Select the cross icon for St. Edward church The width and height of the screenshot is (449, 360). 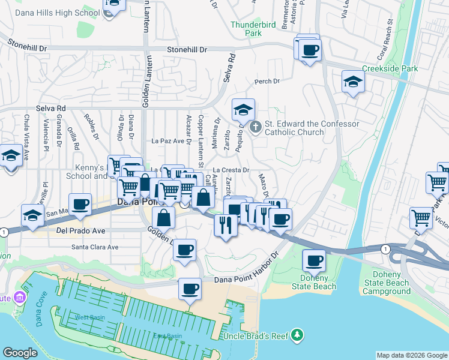click(x=256, y=127)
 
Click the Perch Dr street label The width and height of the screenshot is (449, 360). click(x=267, y=81)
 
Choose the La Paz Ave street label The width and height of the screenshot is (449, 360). click(x=167, y=141)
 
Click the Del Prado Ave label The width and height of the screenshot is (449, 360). click(x=80, y=230)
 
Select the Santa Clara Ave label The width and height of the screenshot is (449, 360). click(x=95, y=247)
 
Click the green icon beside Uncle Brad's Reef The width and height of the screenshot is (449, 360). click(x=297, y=335)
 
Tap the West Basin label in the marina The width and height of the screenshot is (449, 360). click(x=88, y=317)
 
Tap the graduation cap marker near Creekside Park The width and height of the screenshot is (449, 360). click(x=353, y=82)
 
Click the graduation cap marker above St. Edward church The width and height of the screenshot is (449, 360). click(x=243, y=110)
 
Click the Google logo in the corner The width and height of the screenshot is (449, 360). click(x=20, y=353)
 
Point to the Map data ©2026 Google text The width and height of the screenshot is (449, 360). click(x=412, y=355)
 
